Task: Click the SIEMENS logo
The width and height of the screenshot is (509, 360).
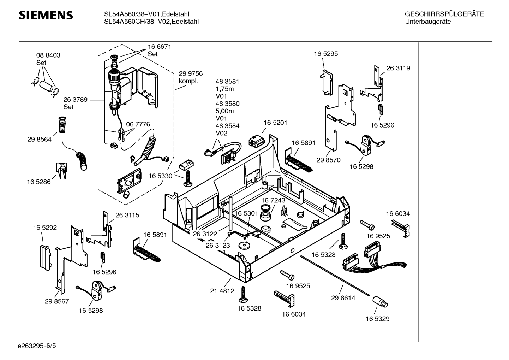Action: [x=46, y=15]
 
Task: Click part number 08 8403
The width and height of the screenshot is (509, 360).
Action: [x=48, y=55]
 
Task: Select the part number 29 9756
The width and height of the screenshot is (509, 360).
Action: [x=191, y=73]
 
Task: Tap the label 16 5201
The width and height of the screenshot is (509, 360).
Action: [x=275, y=123]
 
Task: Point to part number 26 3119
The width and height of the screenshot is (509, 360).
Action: [x=398, y=68]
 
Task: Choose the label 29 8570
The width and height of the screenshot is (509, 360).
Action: [x=328, y=160]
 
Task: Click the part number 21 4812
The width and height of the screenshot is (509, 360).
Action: [x=222, y=291]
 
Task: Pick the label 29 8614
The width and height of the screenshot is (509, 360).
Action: [x=343, y=298]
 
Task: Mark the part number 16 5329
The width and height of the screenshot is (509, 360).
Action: [x=377, y=319]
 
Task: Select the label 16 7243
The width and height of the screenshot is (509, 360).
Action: [x=273, y=200]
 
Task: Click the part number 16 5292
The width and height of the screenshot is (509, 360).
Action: [x=45, y=228]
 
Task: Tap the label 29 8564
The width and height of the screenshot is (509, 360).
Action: [x=39, y=140]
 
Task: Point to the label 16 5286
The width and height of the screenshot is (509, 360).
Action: [x=38, y=182]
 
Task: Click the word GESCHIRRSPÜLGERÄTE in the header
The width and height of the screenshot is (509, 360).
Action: [x=444, y=14]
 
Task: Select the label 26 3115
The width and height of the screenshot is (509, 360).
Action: [x=127, y=215]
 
